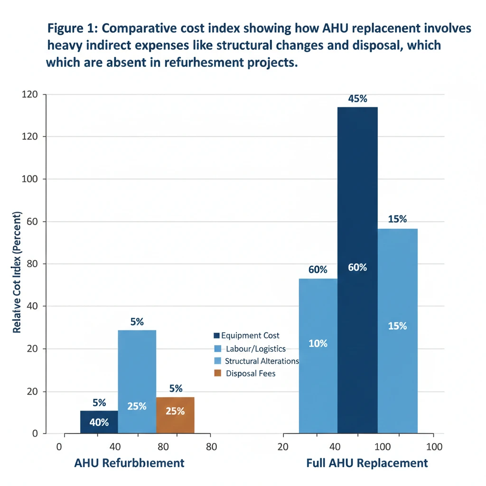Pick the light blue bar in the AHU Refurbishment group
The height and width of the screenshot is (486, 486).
(137, 370)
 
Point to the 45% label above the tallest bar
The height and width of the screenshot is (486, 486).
(357, 99)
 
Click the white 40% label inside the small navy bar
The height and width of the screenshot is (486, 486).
(99, 422)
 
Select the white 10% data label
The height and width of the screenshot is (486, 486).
(318, 343)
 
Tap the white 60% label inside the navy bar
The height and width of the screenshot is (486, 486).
(357, 267)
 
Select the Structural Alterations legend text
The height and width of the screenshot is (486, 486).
(262, 361)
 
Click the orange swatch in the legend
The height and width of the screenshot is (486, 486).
(218, 373)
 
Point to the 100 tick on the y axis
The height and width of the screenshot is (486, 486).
(34, 179)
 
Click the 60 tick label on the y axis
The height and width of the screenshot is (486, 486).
(34, 222)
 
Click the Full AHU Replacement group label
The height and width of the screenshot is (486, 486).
(367, 463)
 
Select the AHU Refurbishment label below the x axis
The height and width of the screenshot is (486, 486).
(129, 463)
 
